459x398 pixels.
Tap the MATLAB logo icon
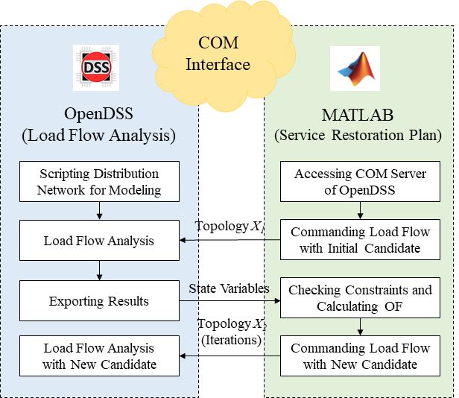(x=355, y=69)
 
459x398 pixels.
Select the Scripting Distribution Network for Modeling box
(x=99, y=181)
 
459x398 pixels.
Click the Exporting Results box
(x=99, y=302)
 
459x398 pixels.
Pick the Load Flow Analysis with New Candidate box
(x=99, y=356)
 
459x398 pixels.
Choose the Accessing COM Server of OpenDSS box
(x=361, y=181)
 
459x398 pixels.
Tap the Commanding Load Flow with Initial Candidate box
(x=361, y=240)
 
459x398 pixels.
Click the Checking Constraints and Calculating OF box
(x=361, y=297)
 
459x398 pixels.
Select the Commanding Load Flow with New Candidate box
(x=361, y=356)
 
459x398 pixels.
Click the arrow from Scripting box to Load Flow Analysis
(x=99, y=211)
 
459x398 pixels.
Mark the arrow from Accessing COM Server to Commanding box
(x=361, y=211)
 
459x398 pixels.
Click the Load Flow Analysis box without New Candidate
(x=99, y=240)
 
